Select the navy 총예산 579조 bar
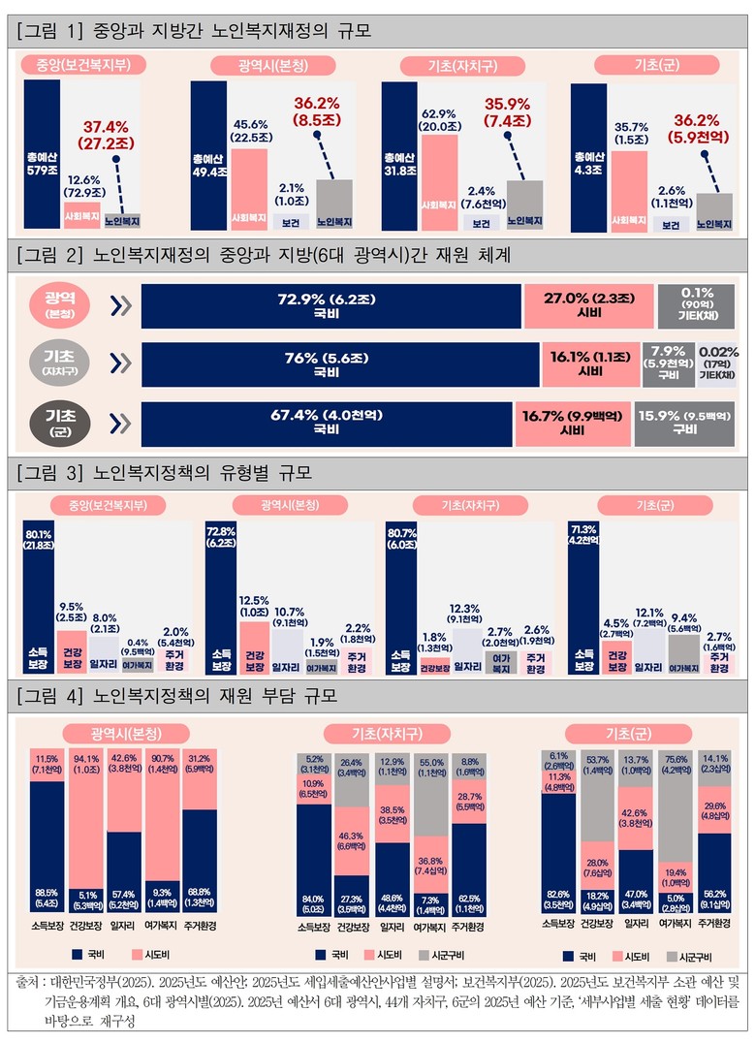click(x=44, y=155)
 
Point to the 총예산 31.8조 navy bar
click(x=400, y=155)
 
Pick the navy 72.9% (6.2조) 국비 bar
click(x=329, y=306)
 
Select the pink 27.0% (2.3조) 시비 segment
click(x=587, y=306)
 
